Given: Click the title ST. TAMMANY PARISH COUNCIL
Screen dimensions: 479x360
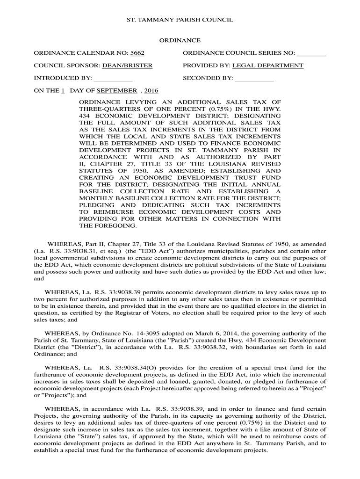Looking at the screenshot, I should pos(180,21).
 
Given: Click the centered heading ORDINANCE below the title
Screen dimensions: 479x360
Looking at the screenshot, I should pos(180,41).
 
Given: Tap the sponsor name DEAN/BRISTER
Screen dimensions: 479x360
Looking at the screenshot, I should pos(128,65).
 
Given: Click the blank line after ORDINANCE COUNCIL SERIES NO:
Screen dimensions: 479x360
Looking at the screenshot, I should pos(311,53).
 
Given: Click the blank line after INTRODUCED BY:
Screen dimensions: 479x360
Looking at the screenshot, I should pos(113,78).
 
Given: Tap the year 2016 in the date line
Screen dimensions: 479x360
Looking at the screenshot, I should pos(151,90).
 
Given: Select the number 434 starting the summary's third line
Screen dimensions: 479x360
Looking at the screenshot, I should pos(85,115).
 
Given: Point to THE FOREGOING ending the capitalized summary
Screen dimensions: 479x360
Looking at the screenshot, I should pos(108,225).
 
